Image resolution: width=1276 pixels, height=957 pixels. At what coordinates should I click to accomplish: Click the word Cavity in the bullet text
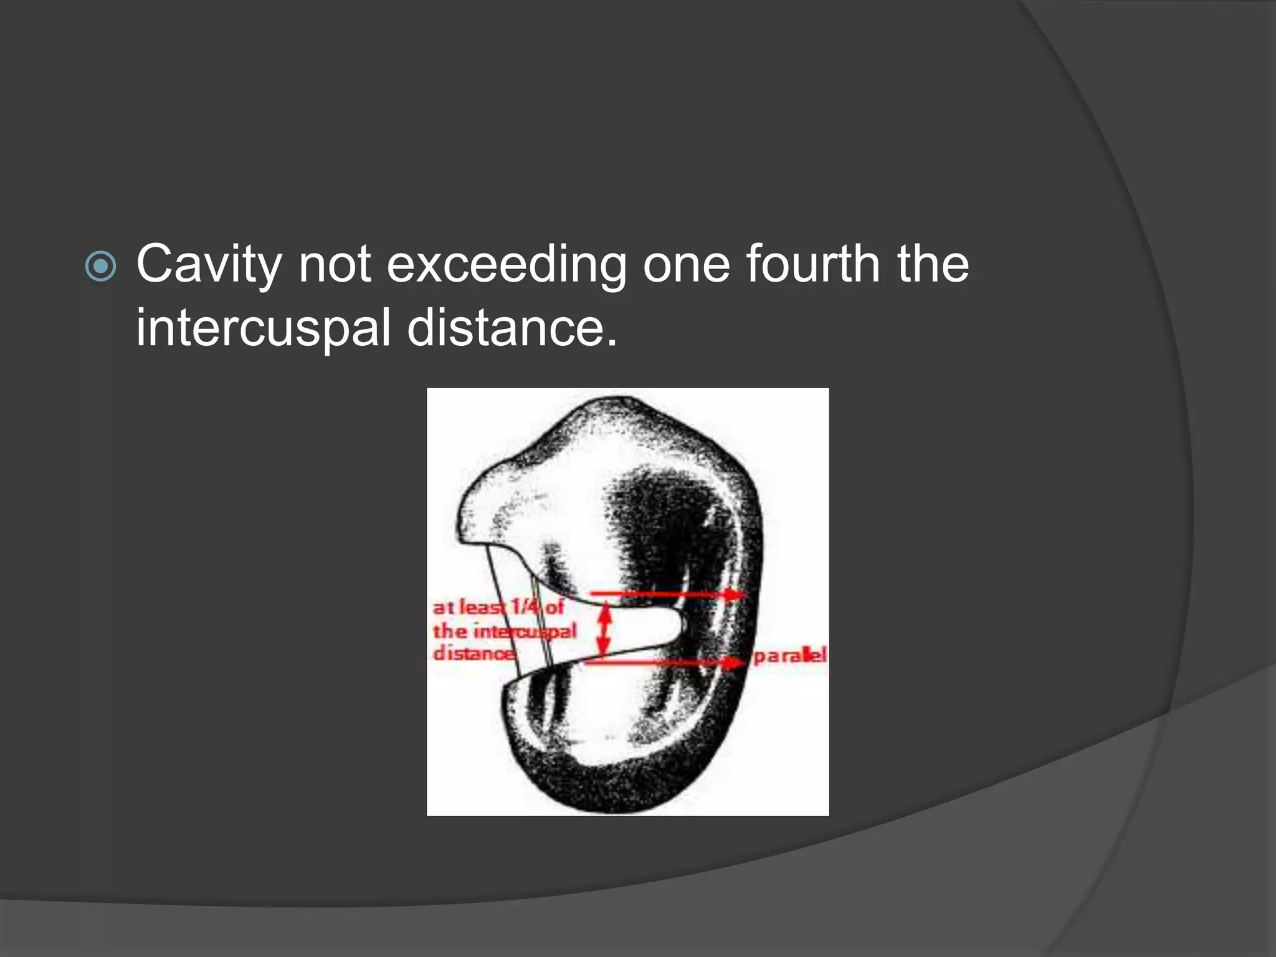point(209,265)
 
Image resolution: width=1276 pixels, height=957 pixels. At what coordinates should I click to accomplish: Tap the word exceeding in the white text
point(506,265)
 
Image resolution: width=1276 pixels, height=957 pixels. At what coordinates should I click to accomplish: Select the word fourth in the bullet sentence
point(812,264)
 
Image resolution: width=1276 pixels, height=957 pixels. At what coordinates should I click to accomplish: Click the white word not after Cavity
point(335,265)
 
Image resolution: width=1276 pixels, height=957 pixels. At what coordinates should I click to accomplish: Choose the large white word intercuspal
point(263,328)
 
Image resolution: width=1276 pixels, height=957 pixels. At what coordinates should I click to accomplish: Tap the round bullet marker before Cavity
point(100,267)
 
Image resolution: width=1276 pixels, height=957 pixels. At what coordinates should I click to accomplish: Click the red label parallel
point(789,655)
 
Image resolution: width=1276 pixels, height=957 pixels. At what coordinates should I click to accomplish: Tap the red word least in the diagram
point(483,607)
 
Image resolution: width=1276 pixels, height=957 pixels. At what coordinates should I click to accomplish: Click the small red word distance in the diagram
point(474,654)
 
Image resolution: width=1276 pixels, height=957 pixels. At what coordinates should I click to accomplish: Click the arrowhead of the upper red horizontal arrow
point(735,595)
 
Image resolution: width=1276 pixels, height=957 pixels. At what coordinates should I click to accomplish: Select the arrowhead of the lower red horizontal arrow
point(735,662)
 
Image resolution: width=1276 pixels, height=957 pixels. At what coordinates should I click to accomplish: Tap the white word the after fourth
point(933,264)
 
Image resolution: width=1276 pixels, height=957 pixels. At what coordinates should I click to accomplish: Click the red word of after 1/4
point(555,606)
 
